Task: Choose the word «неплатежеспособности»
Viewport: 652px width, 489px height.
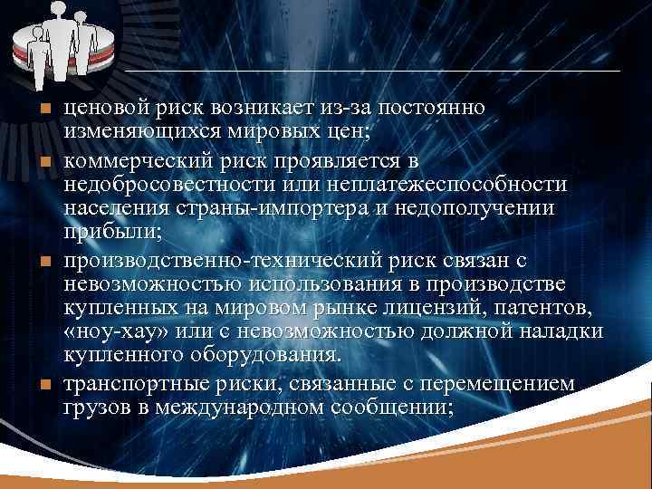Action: point(464,185)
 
